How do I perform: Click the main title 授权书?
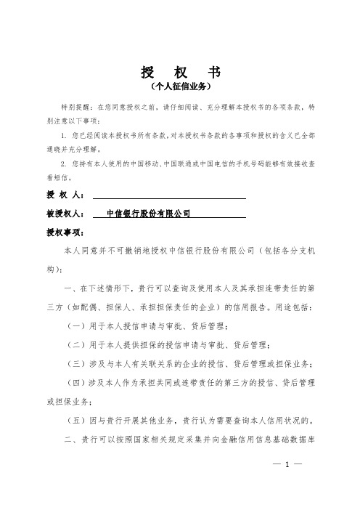click(179, 73)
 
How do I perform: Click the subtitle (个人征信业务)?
click(179, 87)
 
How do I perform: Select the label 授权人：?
click(65, 195)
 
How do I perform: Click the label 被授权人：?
click(65, 214)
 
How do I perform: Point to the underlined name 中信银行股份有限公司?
click(147, 214)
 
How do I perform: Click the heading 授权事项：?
click(65, 232)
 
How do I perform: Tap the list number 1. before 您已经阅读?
click(65, 135)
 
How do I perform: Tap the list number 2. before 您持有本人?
click(65, 164)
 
